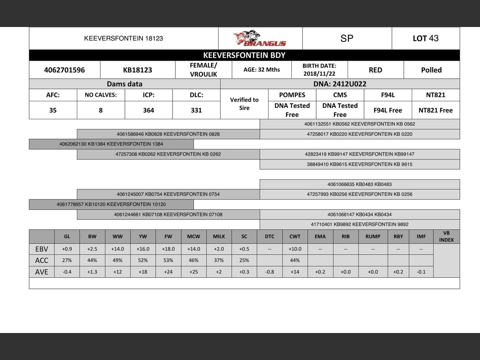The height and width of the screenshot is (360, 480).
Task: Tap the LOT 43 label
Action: [426, 38]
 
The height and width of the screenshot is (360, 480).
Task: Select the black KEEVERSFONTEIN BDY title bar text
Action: [244, 55]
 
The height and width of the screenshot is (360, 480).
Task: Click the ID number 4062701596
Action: [64, 70]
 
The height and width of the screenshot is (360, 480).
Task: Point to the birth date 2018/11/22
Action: [319, 74]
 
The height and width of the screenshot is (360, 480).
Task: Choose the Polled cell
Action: [431, 70]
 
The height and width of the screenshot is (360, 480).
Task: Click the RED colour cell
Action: [375, 70]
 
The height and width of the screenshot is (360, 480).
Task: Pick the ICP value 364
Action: [148, 110]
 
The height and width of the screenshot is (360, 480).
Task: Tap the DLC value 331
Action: [196, 110]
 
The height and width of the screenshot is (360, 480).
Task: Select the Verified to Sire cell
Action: [244, 104]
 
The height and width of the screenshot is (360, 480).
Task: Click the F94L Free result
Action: [388, 110]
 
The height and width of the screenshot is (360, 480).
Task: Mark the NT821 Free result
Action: [435, 110]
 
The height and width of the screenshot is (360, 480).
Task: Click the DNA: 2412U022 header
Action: [340, 84]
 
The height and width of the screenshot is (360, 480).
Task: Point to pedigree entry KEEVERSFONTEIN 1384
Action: [111, 144]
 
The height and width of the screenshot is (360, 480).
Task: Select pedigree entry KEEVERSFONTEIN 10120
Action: [111, 204]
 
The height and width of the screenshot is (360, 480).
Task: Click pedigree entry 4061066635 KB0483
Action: [359, 184]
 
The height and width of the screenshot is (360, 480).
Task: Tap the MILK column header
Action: [219, 237]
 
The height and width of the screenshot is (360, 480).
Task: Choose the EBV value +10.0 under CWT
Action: [295, 249]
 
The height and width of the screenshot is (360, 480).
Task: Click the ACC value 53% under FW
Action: [168, 260]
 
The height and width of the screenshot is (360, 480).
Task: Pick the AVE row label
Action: [42, 272]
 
